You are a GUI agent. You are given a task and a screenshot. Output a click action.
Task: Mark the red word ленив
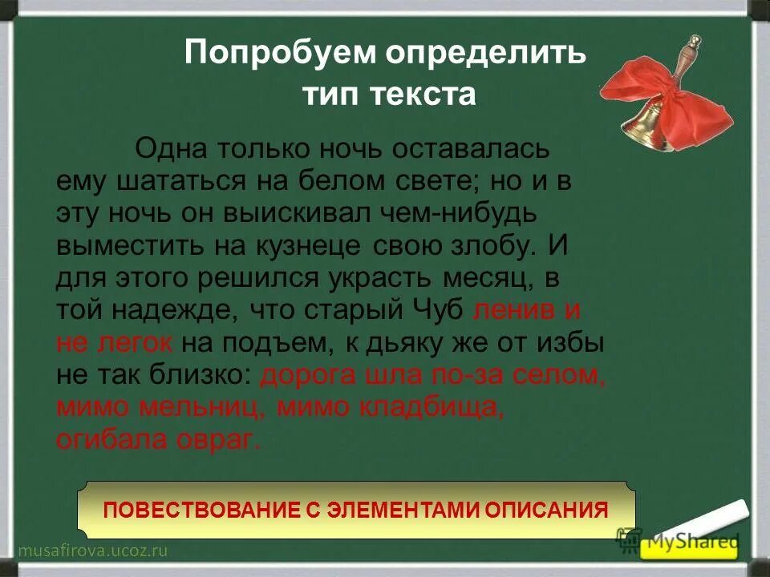tap(510, 310)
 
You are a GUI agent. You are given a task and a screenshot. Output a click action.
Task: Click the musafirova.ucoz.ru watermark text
tap(92, 551)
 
